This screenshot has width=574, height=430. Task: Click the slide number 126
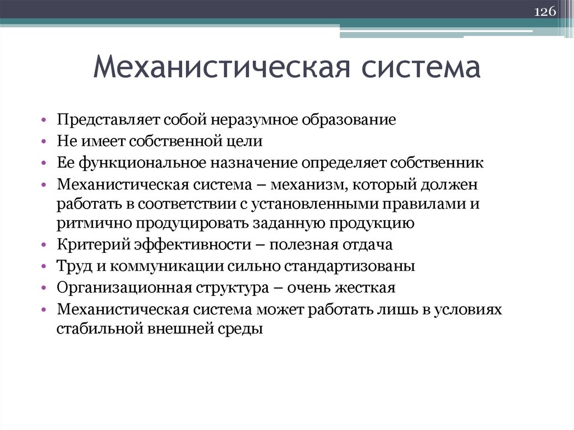(x=543, y=12)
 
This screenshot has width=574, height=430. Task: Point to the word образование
(x=349, y=120)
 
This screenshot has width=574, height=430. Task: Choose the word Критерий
(x=93, y=245)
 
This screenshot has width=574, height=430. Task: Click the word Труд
(x=72, y=266)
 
